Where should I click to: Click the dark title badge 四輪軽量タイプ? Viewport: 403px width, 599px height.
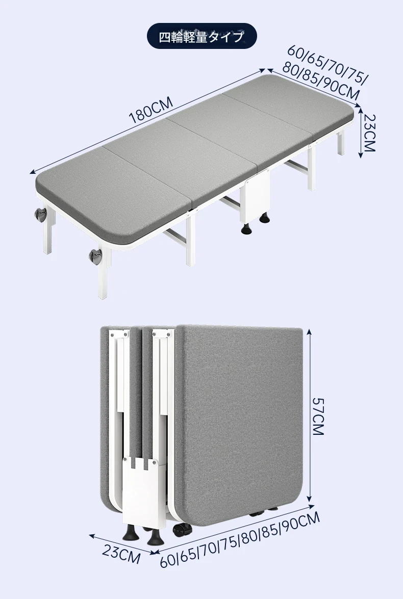coord(202,36)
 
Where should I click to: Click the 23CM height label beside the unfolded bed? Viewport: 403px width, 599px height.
coord(369,133)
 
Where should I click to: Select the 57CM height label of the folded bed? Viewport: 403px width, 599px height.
coord(318,416)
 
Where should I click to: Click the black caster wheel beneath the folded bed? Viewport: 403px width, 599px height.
coord(182,531)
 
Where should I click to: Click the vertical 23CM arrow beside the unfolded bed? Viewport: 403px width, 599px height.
coord(360,132)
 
